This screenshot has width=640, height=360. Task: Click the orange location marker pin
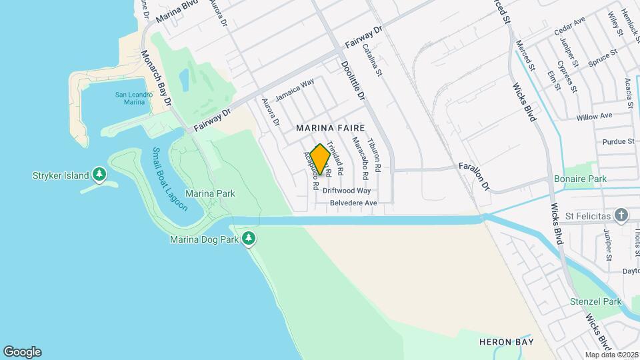click(x=320, y=159)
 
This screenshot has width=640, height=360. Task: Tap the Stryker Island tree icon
click(x=99, y=175)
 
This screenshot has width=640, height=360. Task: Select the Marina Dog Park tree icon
click(x=249, y=238)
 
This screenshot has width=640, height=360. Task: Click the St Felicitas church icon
click(x=621, y=215)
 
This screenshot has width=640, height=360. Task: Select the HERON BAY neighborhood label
click(x=507, y=342)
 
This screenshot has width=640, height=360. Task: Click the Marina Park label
click(x=210, y=194)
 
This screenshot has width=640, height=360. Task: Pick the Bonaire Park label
click(x=580, y=179)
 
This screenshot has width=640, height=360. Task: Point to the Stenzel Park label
click(x=595, y=301)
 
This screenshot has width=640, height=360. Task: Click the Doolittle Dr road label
click(x=353, y=80)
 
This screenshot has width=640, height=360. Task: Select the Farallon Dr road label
click(x=475, y=175)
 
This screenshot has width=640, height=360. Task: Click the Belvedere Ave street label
click(x=353, y=203)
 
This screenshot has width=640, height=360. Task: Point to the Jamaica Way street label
click(x=295, y=91)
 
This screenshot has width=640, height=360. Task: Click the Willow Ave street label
click(x=594, y=116)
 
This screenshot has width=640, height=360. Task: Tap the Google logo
click(x=22, y=352)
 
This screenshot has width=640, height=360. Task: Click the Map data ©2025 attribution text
click(x=611, y=355)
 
